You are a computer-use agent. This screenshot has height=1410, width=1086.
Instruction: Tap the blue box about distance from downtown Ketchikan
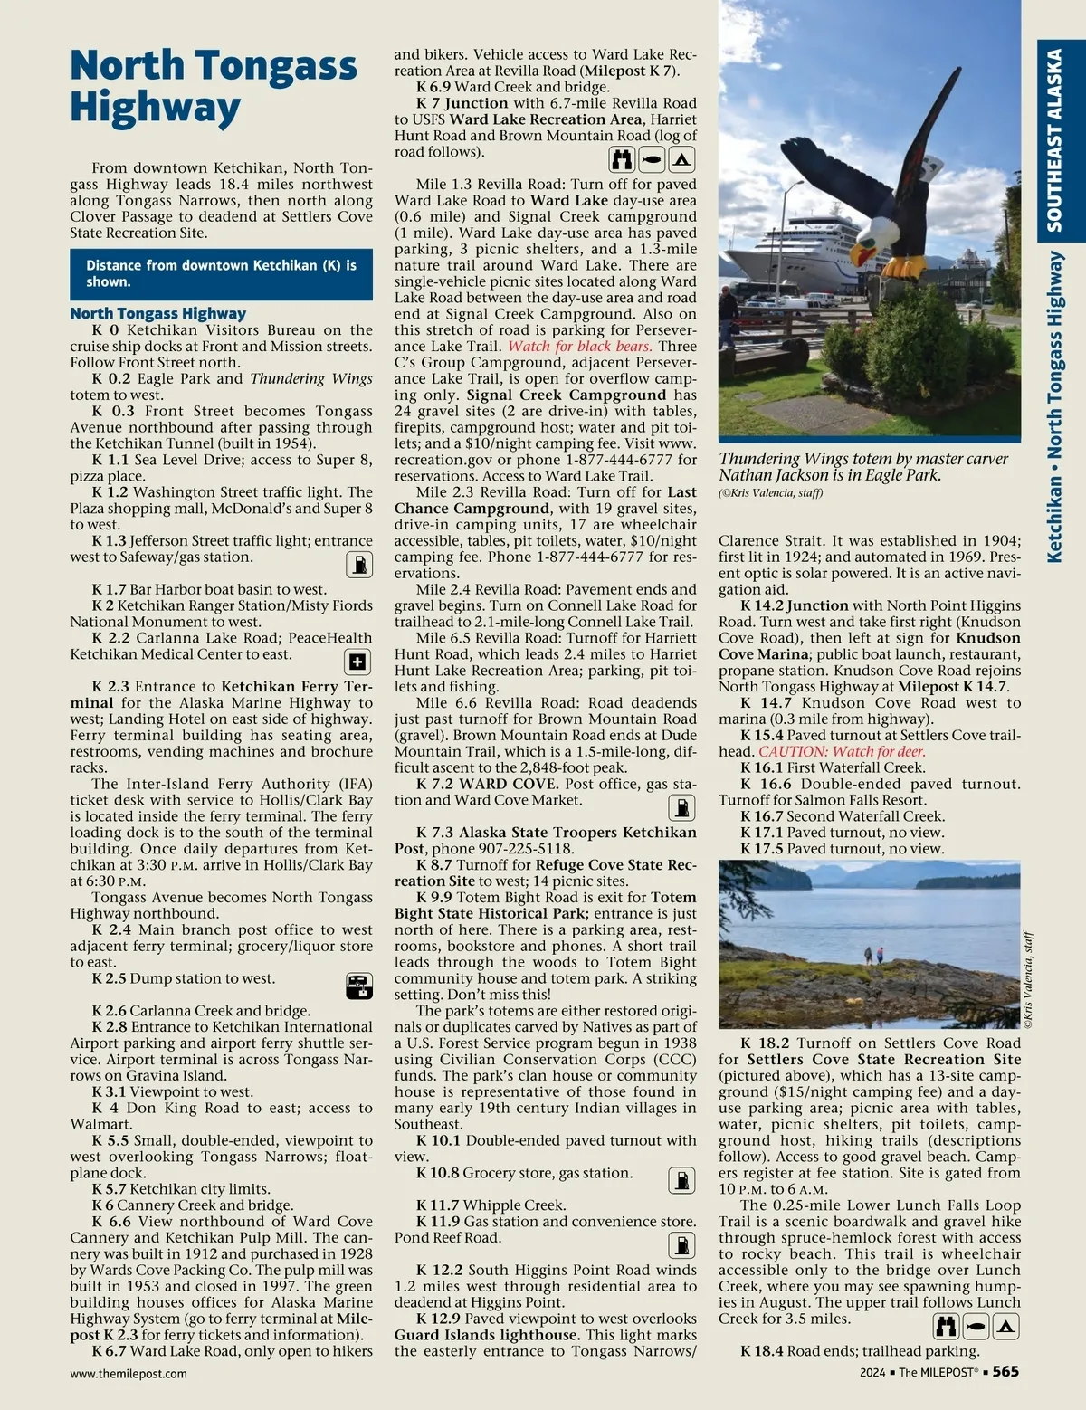click(221, 273)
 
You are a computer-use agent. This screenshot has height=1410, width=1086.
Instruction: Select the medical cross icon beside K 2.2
click(358, 662)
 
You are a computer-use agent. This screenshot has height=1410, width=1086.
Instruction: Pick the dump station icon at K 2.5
click(358, 986)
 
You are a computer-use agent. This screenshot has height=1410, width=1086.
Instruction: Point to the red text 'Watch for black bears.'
click(580, 346)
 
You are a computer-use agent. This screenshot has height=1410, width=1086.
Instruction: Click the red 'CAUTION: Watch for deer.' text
click(842, 751)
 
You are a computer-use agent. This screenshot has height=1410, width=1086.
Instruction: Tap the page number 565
click(1005, 1372)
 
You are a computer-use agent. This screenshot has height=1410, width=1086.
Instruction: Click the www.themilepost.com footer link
click(129, 1373)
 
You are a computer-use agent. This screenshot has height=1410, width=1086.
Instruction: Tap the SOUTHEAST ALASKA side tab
click(1054, 140)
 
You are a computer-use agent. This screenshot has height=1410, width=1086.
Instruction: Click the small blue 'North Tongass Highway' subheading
click(157, 313)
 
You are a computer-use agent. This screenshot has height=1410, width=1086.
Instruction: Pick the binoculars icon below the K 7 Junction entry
click(622, 160)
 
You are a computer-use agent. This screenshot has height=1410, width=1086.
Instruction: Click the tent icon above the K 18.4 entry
click(1006, 1328)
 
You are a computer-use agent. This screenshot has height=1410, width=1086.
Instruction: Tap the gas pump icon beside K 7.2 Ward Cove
click(681, 807)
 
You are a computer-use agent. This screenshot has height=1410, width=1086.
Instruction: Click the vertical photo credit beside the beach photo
click(1028, 979)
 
